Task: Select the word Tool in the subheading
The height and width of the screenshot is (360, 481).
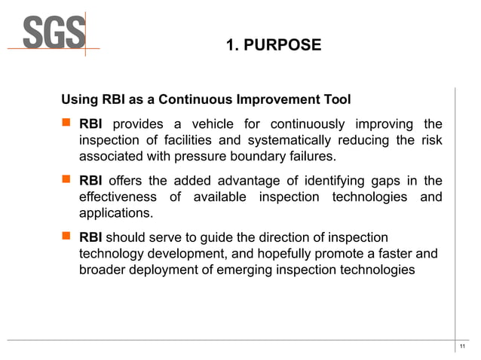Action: pos(335,100)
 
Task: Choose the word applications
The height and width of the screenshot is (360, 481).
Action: pos(115,213)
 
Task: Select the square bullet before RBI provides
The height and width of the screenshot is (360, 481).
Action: pos(66,124)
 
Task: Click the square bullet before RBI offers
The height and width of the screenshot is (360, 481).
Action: pos(66,180)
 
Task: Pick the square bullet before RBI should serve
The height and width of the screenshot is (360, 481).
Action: pos(66,236)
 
